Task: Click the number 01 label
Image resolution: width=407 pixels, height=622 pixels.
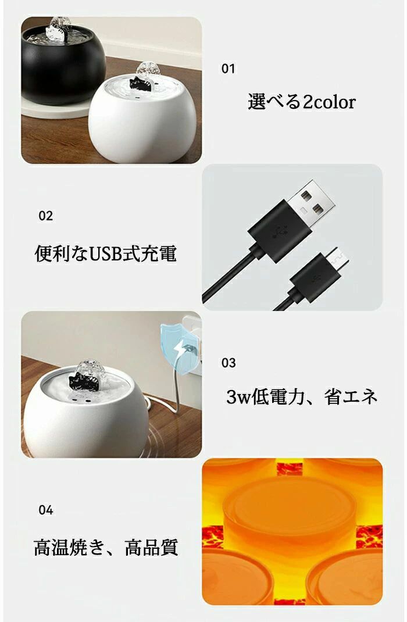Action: point(228,69)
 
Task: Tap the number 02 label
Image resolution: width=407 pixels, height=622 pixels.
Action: point(45,216)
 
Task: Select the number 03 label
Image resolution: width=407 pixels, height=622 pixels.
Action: point(229,363)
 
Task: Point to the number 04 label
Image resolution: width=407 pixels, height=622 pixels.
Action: point(45,510)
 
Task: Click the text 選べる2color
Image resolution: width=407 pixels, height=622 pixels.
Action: point(302,102)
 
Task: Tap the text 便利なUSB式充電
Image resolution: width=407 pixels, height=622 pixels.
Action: point(105,253)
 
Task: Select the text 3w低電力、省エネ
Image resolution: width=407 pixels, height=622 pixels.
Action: point(302,396)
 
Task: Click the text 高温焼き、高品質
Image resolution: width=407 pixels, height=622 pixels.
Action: point(106,548)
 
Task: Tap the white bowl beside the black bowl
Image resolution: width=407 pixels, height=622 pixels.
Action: point(141,119)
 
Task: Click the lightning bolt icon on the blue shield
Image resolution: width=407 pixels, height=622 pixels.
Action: point(180,349)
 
